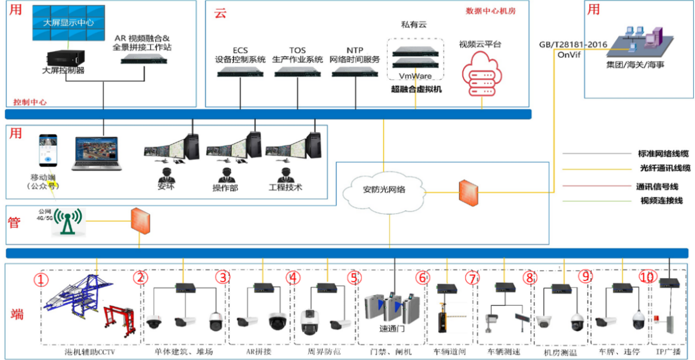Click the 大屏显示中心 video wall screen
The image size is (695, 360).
(x=69, y=23)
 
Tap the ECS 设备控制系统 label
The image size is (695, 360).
(x=240, y=55)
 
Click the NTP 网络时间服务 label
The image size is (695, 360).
(x=355, y=55)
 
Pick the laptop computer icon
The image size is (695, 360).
(x=97, y=154)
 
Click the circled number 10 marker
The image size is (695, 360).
(x=647, y=277)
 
